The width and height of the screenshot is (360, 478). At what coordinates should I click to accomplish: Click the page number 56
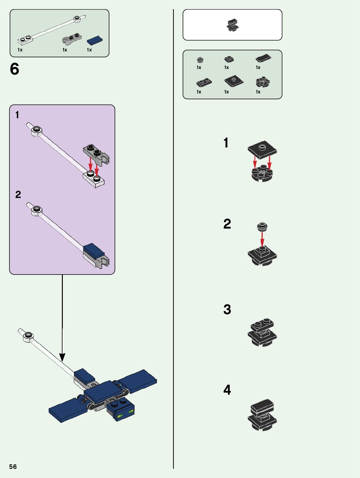pos(13,467)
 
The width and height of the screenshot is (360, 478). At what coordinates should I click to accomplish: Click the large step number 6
pos(15,69)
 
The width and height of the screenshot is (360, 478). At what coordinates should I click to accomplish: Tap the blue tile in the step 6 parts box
pos(95,41)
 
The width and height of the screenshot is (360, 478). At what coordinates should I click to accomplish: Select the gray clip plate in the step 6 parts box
pos(72,39)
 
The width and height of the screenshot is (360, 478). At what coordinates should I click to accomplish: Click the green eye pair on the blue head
pos(126,414)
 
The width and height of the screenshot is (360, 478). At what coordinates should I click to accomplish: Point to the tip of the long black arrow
pos(62,360)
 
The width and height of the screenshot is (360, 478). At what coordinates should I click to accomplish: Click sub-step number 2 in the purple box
pos(18,194)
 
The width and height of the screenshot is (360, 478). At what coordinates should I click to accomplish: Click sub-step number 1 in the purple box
pos(17,115)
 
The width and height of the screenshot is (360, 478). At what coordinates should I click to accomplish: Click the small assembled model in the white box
pos(232,25)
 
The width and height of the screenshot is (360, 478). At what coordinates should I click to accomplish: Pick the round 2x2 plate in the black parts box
pos(263,82)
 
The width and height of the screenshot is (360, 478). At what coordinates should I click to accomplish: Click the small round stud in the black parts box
pos(200,60)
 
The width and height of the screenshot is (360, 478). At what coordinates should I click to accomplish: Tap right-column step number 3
pos(227,309)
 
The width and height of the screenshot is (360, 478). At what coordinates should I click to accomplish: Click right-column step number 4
pos(227,390)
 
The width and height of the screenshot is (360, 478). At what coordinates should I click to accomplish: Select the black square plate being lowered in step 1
pos(262,149)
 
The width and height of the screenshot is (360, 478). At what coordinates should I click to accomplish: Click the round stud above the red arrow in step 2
pos(262,226)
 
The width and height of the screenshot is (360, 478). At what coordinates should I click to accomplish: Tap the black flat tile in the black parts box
pos(263,58)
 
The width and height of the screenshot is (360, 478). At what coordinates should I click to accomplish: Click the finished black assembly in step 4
pos(262,415)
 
